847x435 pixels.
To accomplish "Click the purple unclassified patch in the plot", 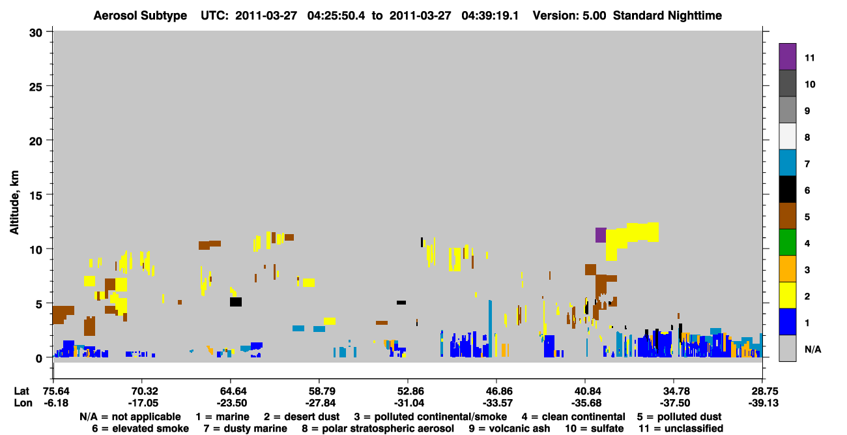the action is click(x=601, y=235).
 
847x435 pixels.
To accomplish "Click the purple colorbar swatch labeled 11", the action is click(x=787, y=56).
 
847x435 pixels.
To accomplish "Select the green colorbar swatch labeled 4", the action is click(x=787, y=243).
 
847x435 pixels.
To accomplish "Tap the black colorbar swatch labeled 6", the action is click(x=787, y=189).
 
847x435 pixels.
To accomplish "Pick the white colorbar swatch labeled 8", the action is click(x=787, y=136).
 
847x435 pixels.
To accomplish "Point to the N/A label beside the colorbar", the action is click(x=812, y=349).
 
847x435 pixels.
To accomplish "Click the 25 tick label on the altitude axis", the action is click(x=36, y=87).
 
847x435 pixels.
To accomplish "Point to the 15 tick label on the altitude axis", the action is click(x=36, y=196).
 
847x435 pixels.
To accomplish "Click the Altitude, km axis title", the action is click(x=14, y=202).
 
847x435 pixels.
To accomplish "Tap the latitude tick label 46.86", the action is click(x=496, y=391).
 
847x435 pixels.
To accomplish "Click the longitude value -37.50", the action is click(x=674, y=403).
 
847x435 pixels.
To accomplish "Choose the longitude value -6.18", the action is click(x=56, y=403).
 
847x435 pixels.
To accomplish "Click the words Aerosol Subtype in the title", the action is click(x=140, y=16).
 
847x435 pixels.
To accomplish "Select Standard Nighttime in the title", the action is click(x=667, y=16).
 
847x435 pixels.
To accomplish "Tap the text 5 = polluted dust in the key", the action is click(x=679, y=417).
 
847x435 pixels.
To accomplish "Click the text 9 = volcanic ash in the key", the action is click(x=510, y=428).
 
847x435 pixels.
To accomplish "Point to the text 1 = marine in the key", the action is click(x=222, y=417).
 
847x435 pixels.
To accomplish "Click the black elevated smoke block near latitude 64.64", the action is click(x=236, y=302).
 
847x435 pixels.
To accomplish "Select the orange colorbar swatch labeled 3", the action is click(x=787, y=269).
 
